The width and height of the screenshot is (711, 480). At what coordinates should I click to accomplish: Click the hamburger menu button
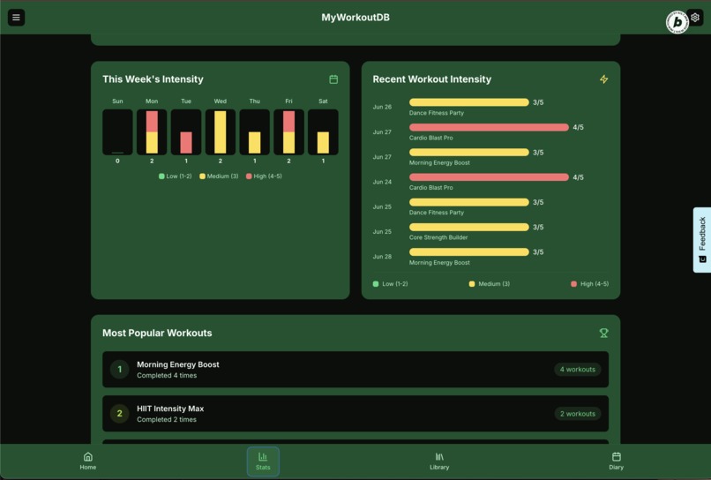coord(16,18)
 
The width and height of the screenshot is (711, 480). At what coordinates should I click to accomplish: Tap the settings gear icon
coord(695,18)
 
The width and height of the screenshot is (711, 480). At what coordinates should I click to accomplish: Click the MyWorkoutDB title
coord(355,18)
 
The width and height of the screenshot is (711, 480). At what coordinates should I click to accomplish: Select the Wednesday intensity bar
coord(221,132)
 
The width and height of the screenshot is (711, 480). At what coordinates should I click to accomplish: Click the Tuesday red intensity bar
coord(186,143)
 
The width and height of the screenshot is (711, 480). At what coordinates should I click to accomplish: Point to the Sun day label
coord(117,101)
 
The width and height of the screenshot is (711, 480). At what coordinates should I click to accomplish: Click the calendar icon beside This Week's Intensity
coord(333,79)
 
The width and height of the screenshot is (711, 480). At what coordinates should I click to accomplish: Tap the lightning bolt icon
coord(603,79)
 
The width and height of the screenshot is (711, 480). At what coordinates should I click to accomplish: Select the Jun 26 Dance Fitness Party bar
coord(468,102)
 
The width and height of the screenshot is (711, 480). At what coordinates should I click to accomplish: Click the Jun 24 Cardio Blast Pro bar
coord(489,177)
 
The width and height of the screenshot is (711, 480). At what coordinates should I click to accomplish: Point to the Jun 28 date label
coord(382,257)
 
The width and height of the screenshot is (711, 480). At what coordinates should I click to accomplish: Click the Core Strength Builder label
coord(438,237)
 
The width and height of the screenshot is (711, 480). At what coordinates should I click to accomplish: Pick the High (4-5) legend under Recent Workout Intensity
coord(589,284)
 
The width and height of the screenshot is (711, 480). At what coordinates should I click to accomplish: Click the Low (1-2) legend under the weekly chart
coord(175,176)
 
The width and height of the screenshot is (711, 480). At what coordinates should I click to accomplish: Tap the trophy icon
coord(603,334)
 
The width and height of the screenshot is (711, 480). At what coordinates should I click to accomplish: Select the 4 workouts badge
coord(578,370)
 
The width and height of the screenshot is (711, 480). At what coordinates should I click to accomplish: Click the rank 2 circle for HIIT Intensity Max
coord(120,414)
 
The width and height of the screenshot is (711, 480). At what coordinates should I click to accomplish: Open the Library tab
coord(439,461)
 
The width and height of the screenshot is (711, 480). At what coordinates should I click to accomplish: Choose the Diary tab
coord(616,461)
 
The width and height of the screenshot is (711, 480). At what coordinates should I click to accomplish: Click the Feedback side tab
coord(702,239)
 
